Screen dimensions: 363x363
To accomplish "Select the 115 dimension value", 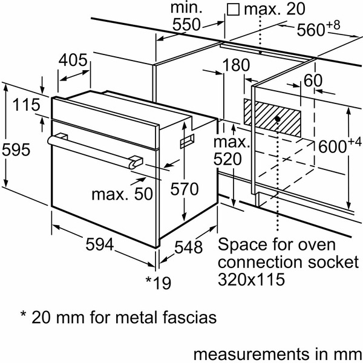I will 24,104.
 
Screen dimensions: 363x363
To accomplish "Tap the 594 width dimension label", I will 99,244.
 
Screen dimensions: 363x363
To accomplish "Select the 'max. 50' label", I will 121,195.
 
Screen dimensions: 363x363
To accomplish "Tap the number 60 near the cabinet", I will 313,80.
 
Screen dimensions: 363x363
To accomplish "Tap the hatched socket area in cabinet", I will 272,116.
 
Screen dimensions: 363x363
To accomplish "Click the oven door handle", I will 91,149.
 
